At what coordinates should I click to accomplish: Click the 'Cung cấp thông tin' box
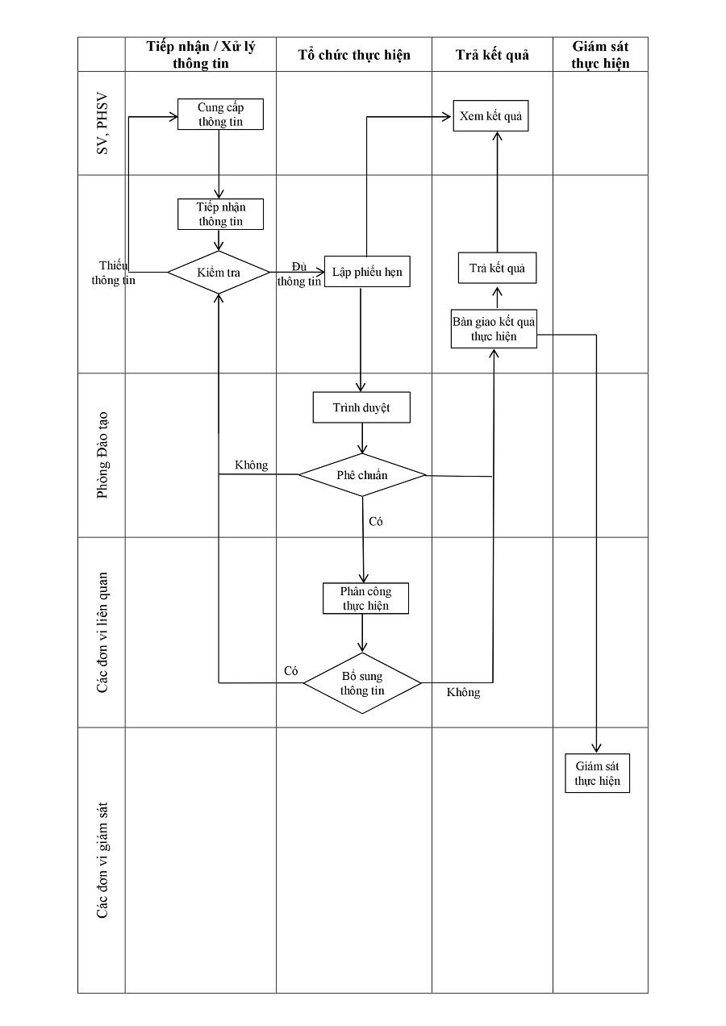pos(220,115)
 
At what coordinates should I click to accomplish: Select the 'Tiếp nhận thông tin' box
pos(220,215)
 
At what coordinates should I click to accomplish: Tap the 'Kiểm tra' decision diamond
pos(219,273)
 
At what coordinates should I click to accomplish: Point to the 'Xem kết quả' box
pos(490,116)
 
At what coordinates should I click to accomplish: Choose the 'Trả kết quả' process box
pos(497,268)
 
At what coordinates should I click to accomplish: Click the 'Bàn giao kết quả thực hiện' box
pos(494,329)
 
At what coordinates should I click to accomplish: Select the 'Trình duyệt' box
pos(361,407)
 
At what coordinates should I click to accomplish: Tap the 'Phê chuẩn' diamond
pos(362,475)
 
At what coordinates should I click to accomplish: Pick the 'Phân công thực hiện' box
pos(365,598)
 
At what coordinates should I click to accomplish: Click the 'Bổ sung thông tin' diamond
pos(362,684)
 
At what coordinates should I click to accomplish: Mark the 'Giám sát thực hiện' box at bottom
pos(598,774)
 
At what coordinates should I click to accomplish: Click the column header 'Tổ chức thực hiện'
pos(354,55)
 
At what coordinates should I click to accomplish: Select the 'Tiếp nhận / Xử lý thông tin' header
pos(201,55)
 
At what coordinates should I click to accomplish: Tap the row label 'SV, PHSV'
pos(102,123)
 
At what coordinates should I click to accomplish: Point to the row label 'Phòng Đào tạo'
pos(102,455)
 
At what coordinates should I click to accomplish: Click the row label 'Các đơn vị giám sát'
pos(102,859)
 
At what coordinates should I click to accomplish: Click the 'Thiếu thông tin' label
pos(114,273)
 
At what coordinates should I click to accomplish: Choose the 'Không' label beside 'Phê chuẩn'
pos(252,465)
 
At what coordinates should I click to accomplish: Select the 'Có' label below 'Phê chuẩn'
pos(375,522)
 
